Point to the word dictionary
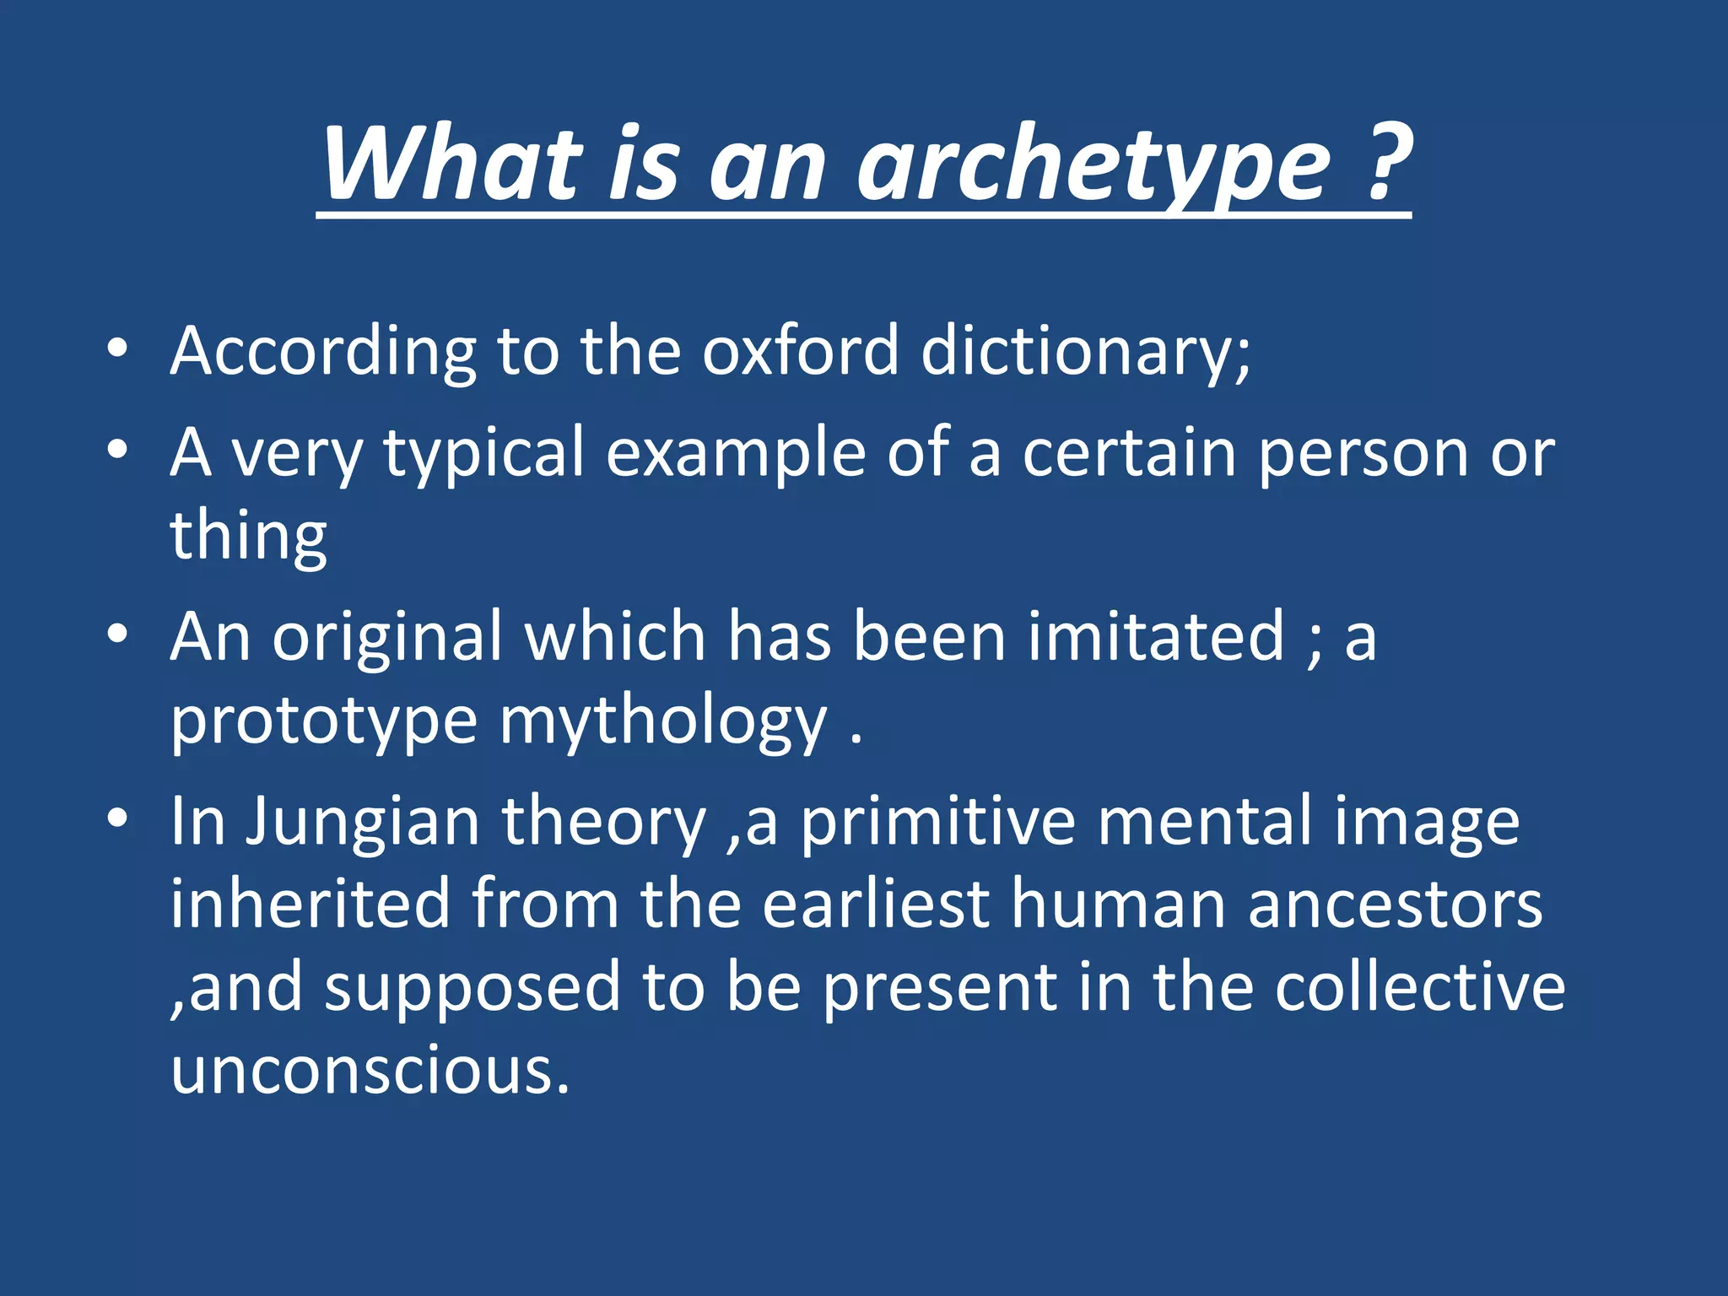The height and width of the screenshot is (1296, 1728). pos(1085,353)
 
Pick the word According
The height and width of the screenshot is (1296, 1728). pos(323,353)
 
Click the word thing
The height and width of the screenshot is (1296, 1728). pos(248,537)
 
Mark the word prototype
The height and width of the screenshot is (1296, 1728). pos(324,722)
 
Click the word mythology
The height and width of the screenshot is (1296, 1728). pos(663,722)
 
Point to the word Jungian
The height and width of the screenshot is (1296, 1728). pos(363,823)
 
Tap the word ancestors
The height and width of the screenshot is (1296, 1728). pos(1395,904)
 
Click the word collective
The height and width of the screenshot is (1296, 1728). pos(1419,987)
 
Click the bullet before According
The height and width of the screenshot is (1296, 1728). pos(118,348)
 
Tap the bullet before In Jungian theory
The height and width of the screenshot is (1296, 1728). pos(118,818)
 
